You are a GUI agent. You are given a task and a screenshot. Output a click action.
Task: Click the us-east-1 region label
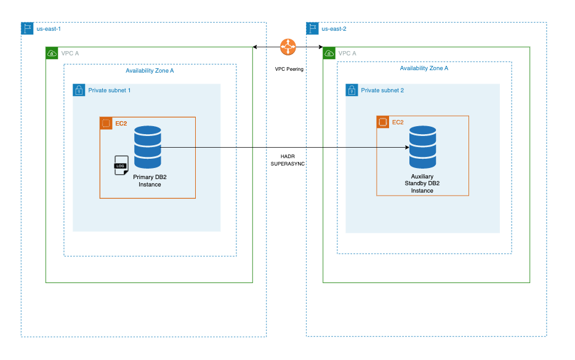click(x=49, y=29)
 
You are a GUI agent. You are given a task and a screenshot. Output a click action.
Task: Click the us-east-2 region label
click(x=334, y=29)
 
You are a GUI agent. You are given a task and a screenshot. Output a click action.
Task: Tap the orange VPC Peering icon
click(x=287, y=47)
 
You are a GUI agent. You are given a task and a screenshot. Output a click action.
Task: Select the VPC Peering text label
click(x=289, y=69)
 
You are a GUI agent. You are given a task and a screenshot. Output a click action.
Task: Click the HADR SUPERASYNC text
click(x=287, y=161)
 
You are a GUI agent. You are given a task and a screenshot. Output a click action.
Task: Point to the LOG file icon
click(x=121, y=166)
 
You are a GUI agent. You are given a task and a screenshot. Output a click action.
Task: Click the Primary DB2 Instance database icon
click(x=148, y=147)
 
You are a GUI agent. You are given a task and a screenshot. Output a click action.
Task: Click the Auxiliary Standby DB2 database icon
click(x=422, y=147)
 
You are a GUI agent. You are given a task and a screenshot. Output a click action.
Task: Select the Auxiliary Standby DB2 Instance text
click(x=422, y=183)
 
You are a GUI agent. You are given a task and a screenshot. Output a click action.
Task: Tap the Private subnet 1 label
click(x=109, y=90)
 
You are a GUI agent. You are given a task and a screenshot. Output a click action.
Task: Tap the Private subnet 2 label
click(x=382, y=90)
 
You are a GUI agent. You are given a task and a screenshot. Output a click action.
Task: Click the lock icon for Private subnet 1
click(x=79, y=90)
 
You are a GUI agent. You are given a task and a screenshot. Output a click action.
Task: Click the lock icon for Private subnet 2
click(x=352, y=90)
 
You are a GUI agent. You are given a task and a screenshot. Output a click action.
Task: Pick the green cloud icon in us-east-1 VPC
click(x=52, y=54)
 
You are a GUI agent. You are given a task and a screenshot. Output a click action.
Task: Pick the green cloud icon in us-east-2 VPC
click(x=329, y=54)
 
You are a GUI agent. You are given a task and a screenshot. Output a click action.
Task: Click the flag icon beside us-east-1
click(x=27, y=29)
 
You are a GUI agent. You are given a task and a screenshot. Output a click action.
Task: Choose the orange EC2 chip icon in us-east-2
click(x=382, y=122)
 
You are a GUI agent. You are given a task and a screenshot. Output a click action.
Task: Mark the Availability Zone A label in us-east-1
click(x=150, y=71)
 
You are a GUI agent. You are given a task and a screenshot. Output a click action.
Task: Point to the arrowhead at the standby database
click(x=407, y=148)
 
